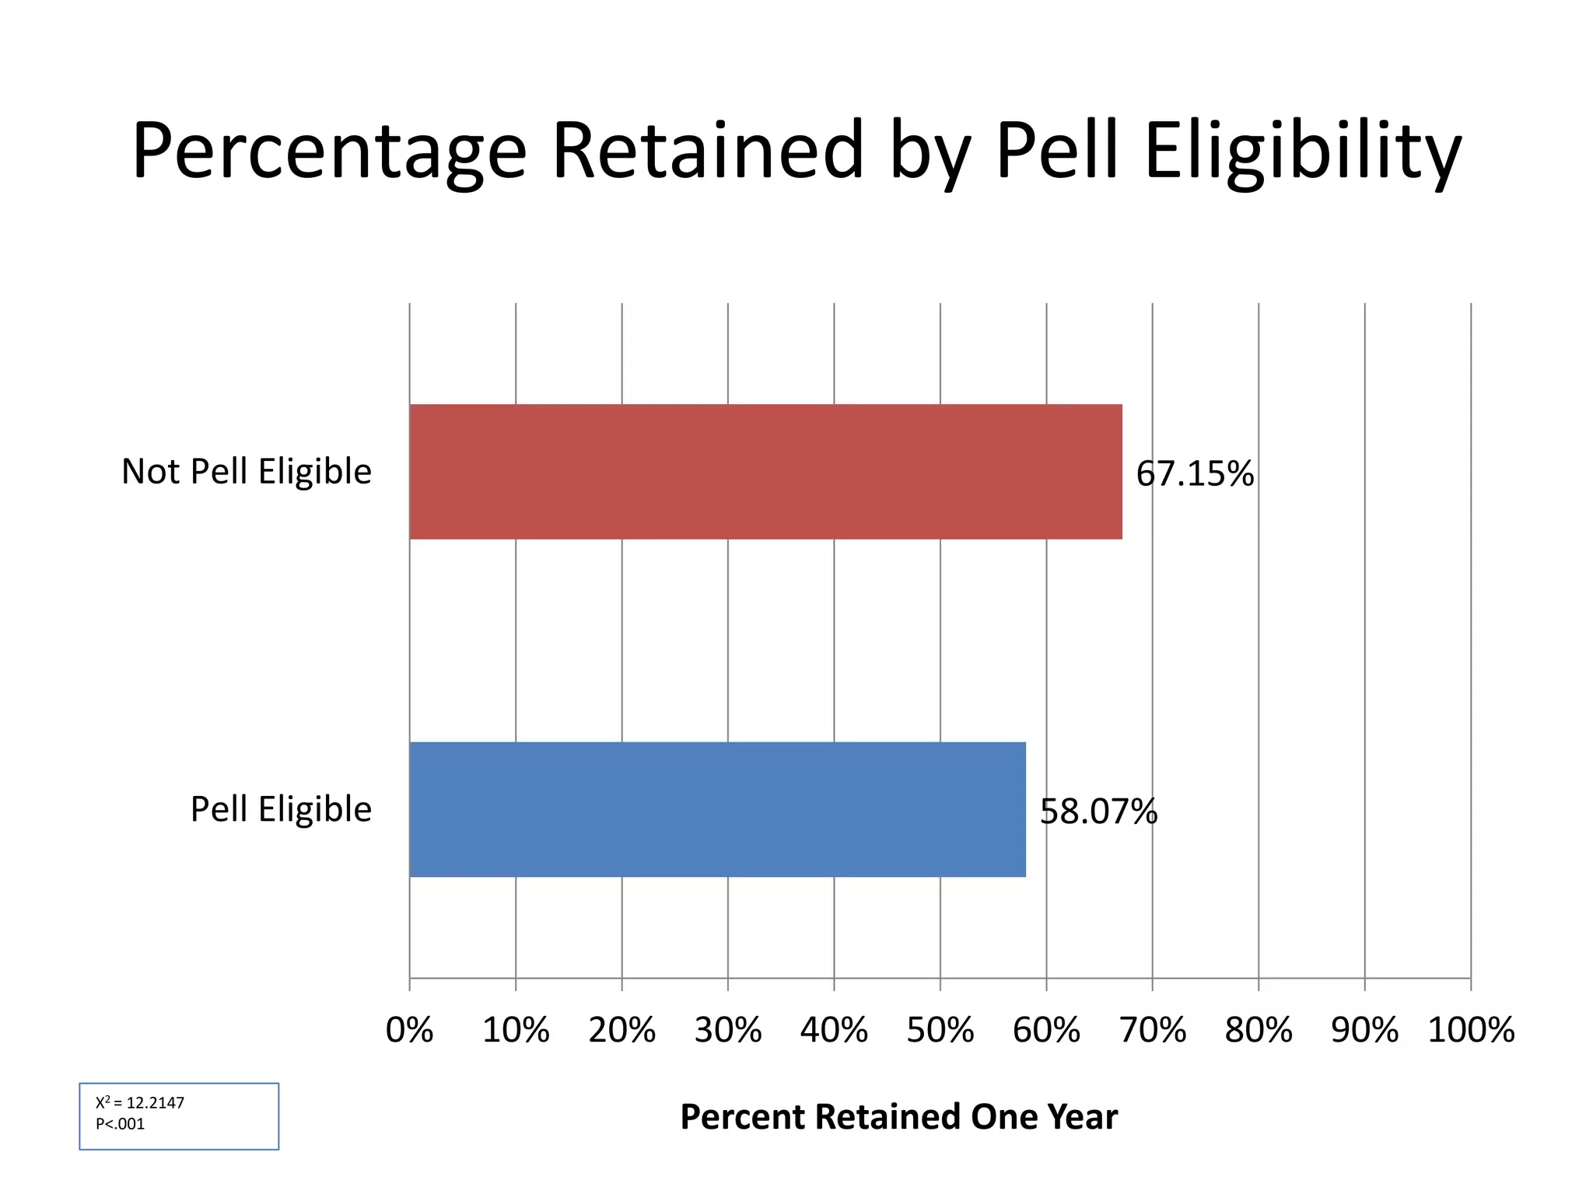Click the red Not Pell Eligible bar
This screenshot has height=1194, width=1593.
pos(765,471)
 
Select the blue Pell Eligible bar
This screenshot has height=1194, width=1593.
pos(717,809)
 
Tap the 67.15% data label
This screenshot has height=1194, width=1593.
pos(1195,473)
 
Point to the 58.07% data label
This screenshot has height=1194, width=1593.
pos(1098,812)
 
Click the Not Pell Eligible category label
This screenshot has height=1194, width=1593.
pos(247,471)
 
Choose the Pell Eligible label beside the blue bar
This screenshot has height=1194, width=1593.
pos(281,809)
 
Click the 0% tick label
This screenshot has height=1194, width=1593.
pos(409,1030)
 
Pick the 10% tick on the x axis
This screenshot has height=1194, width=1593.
pos(516,1030)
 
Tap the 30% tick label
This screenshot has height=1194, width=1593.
pos(728,1030)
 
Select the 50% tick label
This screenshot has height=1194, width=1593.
pos(940,1030)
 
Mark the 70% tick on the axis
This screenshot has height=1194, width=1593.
pos(1152,1030)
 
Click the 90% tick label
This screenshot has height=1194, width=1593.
pos(1364,1030)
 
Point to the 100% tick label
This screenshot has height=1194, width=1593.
pos(1471,1030)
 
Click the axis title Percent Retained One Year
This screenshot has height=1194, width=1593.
pos(898,1117)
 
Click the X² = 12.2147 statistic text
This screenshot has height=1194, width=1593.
pos(140,1102)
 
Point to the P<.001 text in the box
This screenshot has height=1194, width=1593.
pos(120,1124)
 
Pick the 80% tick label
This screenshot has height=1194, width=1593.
pos(1258,1030)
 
